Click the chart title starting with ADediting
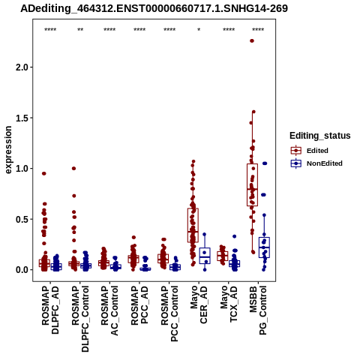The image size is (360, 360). click(x=154, y=8)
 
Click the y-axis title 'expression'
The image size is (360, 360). click(x=8, y=150)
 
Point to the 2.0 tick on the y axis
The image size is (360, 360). click(x=22, y=67)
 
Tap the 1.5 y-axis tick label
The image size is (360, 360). click(x=22, y=118)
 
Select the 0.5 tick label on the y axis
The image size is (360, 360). click(x=22, y=219)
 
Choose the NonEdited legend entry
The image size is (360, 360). click(x=316, y=163)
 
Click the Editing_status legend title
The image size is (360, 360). click(x=320, y=136)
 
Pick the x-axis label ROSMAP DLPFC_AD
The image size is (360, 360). click(x=50, y=310)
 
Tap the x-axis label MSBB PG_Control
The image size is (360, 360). click(x=258, y=310)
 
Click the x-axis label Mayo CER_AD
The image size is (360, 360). click(x=199, y=304)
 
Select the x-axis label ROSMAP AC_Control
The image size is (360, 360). click(x=109, y=310)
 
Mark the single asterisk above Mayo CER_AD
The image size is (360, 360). click(x=199, y=30)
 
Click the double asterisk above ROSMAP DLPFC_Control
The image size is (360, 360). click(x=80, y=30)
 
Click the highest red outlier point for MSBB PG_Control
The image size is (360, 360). click(x=252, y=40)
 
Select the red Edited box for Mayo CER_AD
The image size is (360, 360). click(x=193, y=225)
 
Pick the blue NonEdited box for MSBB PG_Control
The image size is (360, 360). click(x=264, y=247)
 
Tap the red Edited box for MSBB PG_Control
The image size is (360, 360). click(x=252, y=184)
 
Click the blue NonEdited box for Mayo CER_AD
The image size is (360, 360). click(x=205, y=256)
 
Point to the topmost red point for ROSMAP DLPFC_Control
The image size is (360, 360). click(x=73, y=168)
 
